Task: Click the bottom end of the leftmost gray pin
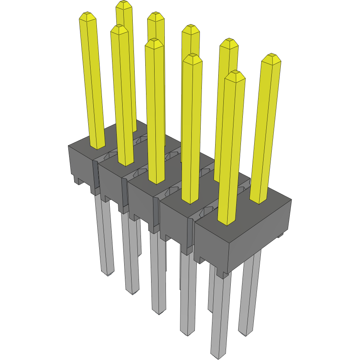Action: pos(107,273)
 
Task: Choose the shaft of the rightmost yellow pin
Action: pos(266,129)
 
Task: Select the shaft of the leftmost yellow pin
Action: pos(93,82)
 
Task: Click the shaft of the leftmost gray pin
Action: pos(105,234)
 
